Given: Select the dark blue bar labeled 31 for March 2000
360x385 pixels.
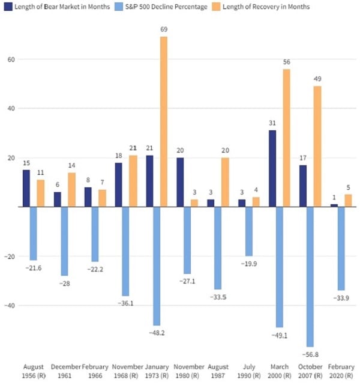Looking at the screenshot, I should click(272, 168).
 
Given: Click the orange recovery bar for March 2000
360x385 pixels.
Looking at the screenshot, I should click(287, 138).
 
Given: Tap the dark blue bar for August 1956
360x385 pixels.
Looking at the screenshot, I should click(26, 188).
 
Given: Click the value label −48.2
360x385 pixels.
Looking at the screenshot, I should click(157, 332).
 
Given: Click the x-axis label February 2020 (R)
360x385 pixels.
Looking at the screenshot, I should click(341, 371).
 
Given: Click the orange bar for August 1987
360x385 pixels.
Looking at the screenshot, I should click(226, 182).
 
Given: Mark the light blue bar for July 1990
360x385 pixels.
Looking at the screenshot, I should click(249, 231).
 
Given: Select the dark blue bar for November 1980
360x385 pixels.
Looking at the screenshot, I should click(181, 182).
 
